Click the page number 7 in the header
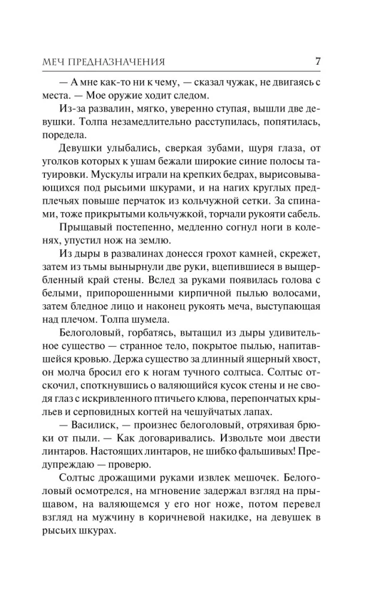(x=318, y=61)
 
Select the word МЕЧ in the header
(x=55, y=62)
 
